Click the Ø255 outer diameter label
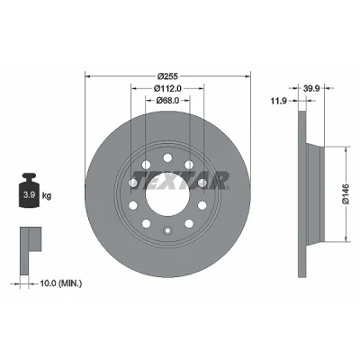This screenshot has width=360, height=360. coord(167,76)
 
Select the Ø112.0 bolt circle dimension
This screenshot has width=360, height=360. coord(168,88)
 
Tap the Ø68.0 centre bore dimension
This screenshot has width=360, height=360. coord(167,101)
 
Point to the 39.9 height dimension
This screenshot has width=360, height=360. coord(312,88)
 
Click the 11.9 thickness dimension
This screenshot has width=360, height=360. coord(278,101)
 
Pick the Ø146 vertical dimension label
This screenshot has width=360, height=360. coord(346,194)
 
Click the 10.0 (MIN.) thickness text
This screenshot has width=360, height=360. coord(61,283)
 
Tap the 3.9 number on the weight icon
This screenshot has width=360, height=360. coord(30,194)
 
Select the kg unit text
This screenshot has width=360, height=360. coord(47,196)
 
